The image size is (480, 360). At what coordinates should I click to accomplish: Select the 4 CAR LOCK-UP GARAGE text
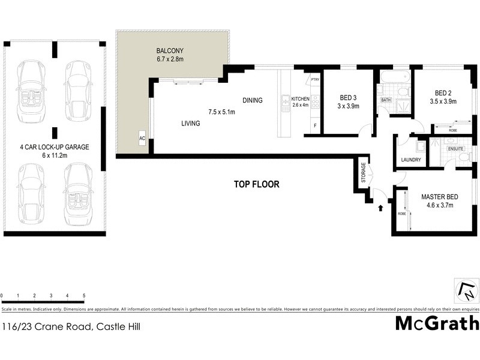53,146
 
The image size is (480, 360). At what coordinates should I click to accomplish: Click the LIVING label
191,124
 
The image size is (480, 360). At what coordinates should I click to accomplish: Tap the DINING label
253,100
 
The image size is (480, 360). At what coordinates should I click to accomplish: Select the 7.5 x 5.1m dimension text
221,112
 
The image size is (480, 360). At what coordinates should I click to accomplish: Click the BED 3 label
348,98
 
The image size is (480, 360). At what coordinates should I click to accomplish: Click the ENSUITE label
455,148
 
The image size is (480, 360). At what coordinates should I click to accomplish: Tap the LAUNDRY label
411,160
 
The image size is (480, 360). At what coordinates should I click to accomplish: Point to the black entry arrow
380,208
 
